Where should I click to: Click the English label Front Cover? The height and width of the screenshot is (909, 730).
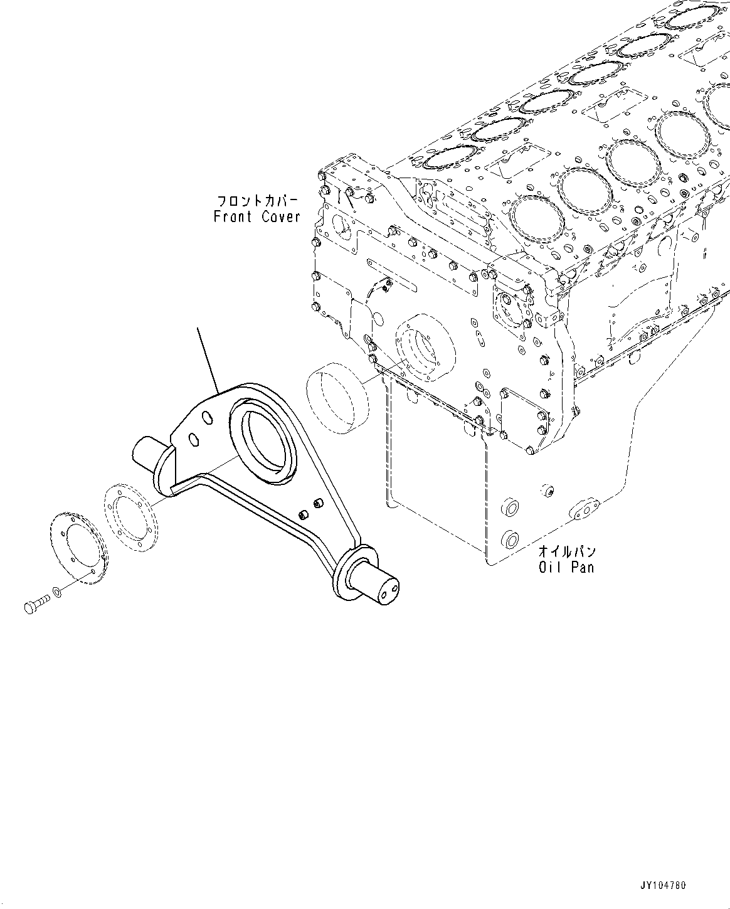257,217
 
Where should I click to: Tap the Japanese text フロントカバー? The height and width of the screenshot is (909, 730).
258,201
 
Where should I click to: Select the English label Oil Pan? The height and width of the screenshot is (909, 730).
566,567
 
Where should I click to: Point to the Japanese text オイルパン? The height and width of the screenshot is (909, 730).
566,552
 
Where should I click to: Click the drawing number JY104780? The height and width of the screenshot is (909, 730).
663,886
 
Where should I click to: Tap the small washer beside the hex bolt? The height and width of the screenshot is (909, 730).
58,592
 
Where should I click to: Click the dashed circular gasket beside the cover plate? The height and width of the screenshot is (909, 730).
130,518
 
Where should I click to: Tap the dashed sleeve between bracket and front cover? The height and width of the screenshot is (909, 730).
334,398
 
